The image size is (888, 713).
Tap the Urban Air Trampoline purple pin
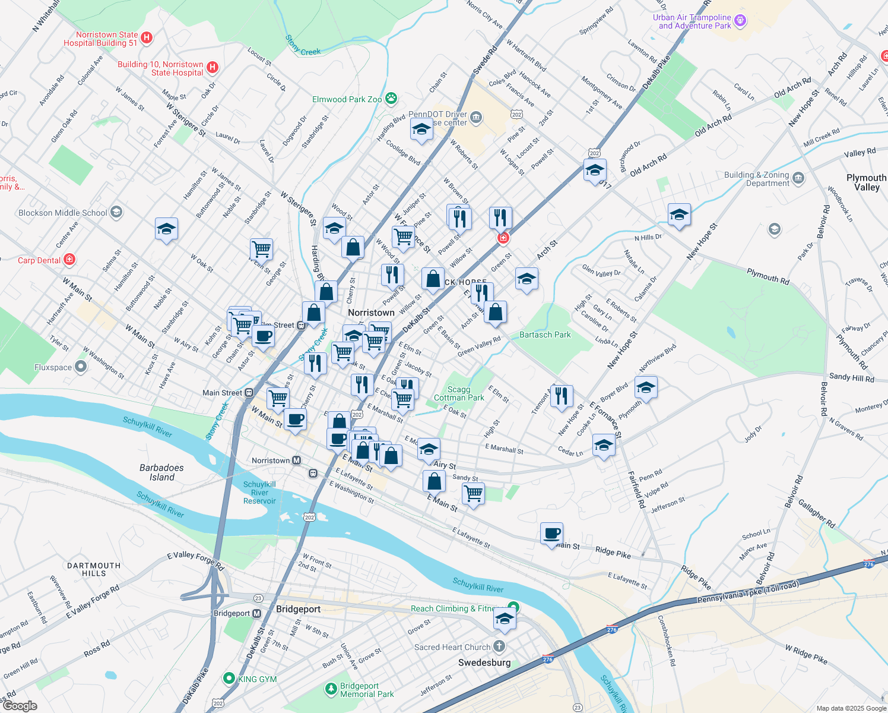[740, 21]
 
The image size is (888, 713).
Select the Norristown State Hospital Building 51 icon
[146, 38]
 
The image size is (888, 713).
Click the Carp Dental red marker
[69, 260]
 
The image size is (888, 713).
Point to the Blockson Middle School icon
[116, 212]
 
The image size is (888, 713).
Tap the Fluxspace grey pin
[81, 367]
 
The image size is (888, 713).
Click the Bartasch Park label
[545, 335]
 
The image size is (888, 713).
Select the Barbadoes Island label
[161, 472]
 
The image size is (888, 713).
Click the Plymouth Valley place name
[866, 182]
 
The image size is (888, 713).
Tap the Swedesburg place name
[484, 662]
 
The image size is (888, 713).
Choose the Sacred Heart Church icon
[500, 646]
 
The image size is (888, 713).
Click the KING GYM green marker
[229, 678]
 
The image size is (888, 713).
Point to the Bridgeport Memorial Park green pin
[331, 689]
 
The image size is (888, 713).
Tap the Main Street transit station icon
[249, 392]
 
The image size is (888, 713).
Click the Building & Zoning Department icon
[798, 178]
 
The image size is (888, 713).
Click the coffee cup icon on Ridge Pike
[551, 534]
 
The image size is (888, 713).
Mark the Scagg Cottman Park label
[459, 393]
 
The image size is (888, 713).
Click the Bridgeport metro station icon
[256, 613]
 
